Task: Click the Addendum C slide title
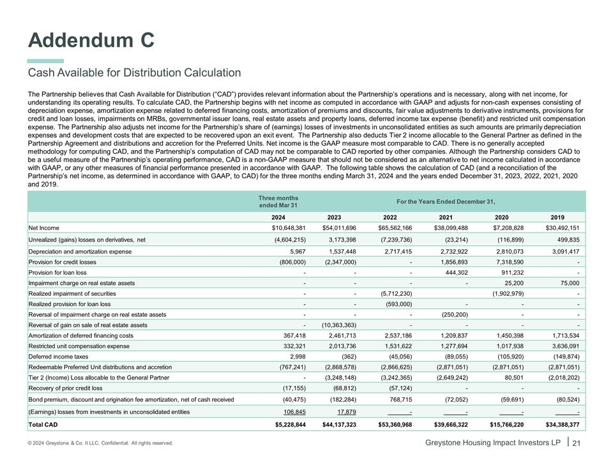tap(91, 40)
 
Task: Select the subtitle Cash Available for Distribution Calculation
tap(134, 73)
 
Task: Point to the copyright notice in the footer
tap(100, 443)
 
